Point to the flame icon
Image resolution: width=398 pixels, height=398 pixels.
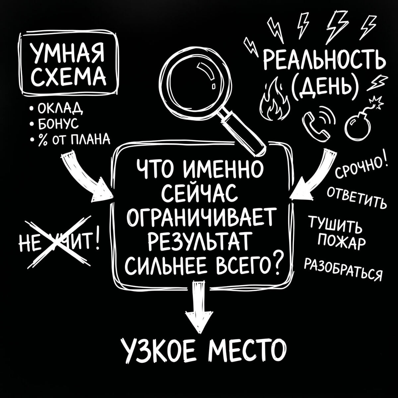[x=273, y=101]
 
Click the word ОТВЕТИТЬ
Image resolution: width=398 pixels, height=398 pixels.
[x=356, y=198]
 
